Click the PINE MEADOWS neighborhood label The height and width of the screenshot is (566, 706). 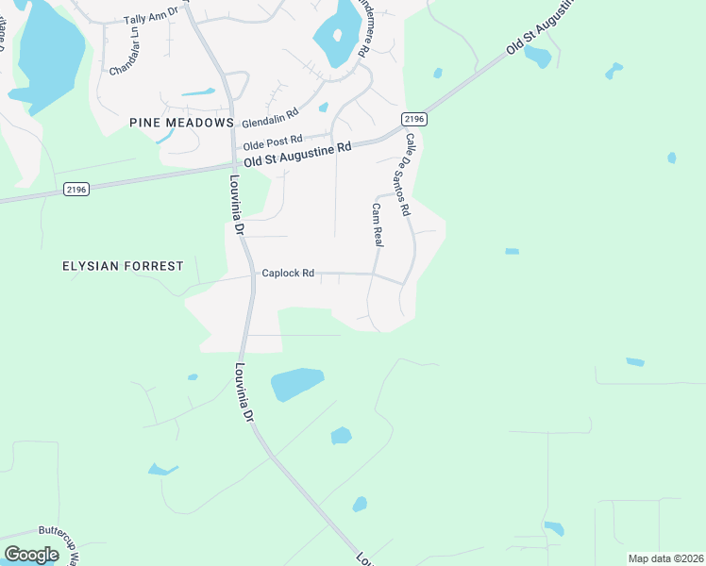tap(180, 124)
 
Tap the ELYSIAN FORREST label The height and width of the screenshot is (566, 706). tap(123, 266)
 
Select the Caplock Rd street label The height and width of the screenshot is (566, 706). tap(288, 273)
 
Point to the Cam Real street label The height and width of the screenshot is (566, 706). tap(377, 225)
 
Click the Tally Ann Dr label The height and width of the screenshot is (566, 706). tap(151, 19)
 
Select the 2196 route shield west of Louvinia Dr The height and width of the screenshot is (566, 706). tap(76, 190)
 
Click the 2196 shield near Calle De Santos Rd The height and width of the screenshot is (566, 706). tap(413, 119)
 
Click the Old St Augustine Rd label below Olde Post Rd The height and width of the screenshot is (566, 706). tap(297, 156)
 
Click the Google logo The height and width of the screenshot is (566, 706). tap(31, 554)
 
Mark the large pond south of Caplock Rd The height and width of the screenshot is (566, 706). tap(296, 384)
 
